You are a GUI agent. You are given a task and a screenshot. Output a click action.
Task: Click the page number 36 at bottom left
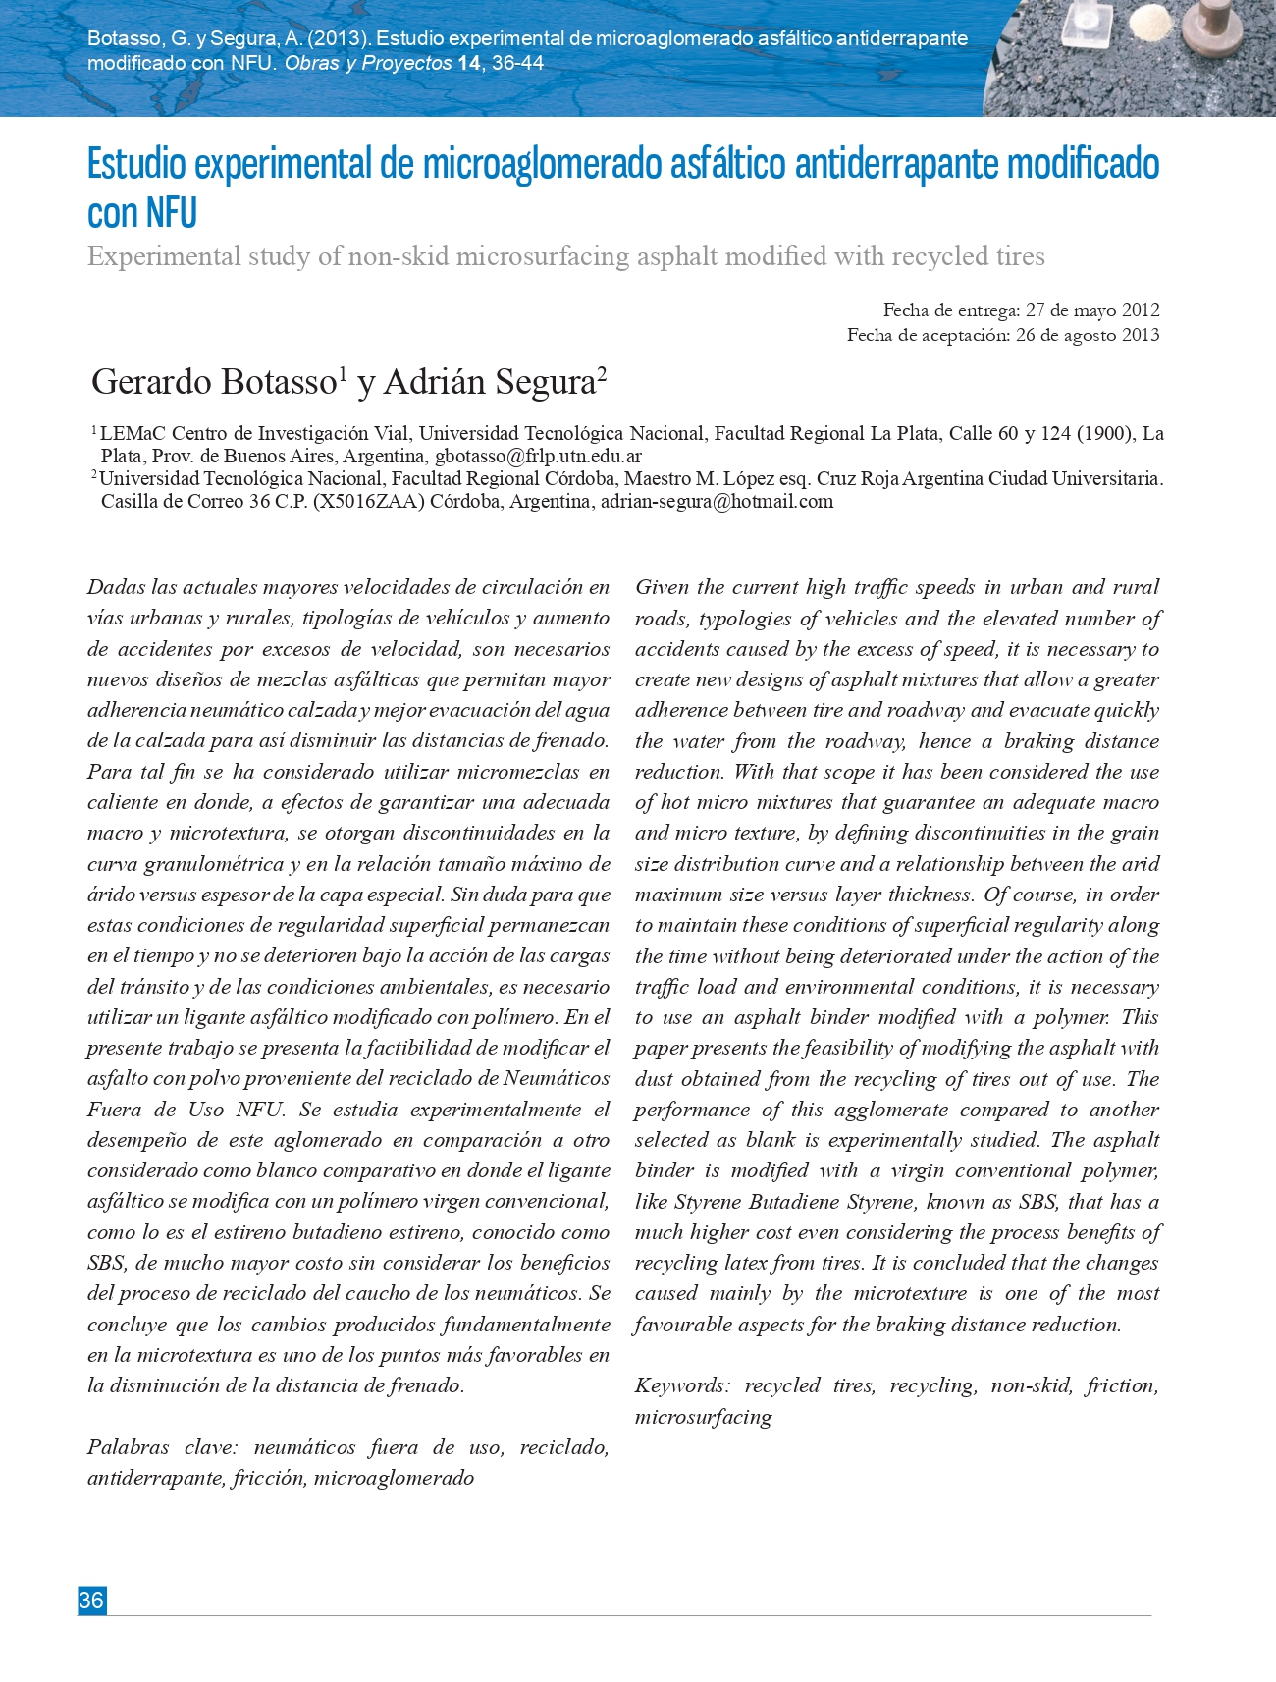[91, 1601]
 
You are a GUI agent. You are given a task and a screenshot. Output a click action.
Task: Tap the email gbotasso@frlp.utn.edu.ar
[538, 456]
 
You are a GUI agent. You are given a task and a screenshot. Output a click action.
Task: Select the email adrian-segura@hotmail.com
[717, 501]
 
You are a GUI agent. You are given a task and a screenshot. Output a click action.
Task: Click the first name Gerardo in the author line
[151, 382]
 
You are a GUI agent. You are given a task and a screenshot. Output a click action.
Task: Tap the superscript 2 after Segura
[602, 373]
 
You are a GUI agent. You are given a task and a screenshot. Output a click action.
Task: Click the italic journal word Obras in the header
[311, 64]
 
